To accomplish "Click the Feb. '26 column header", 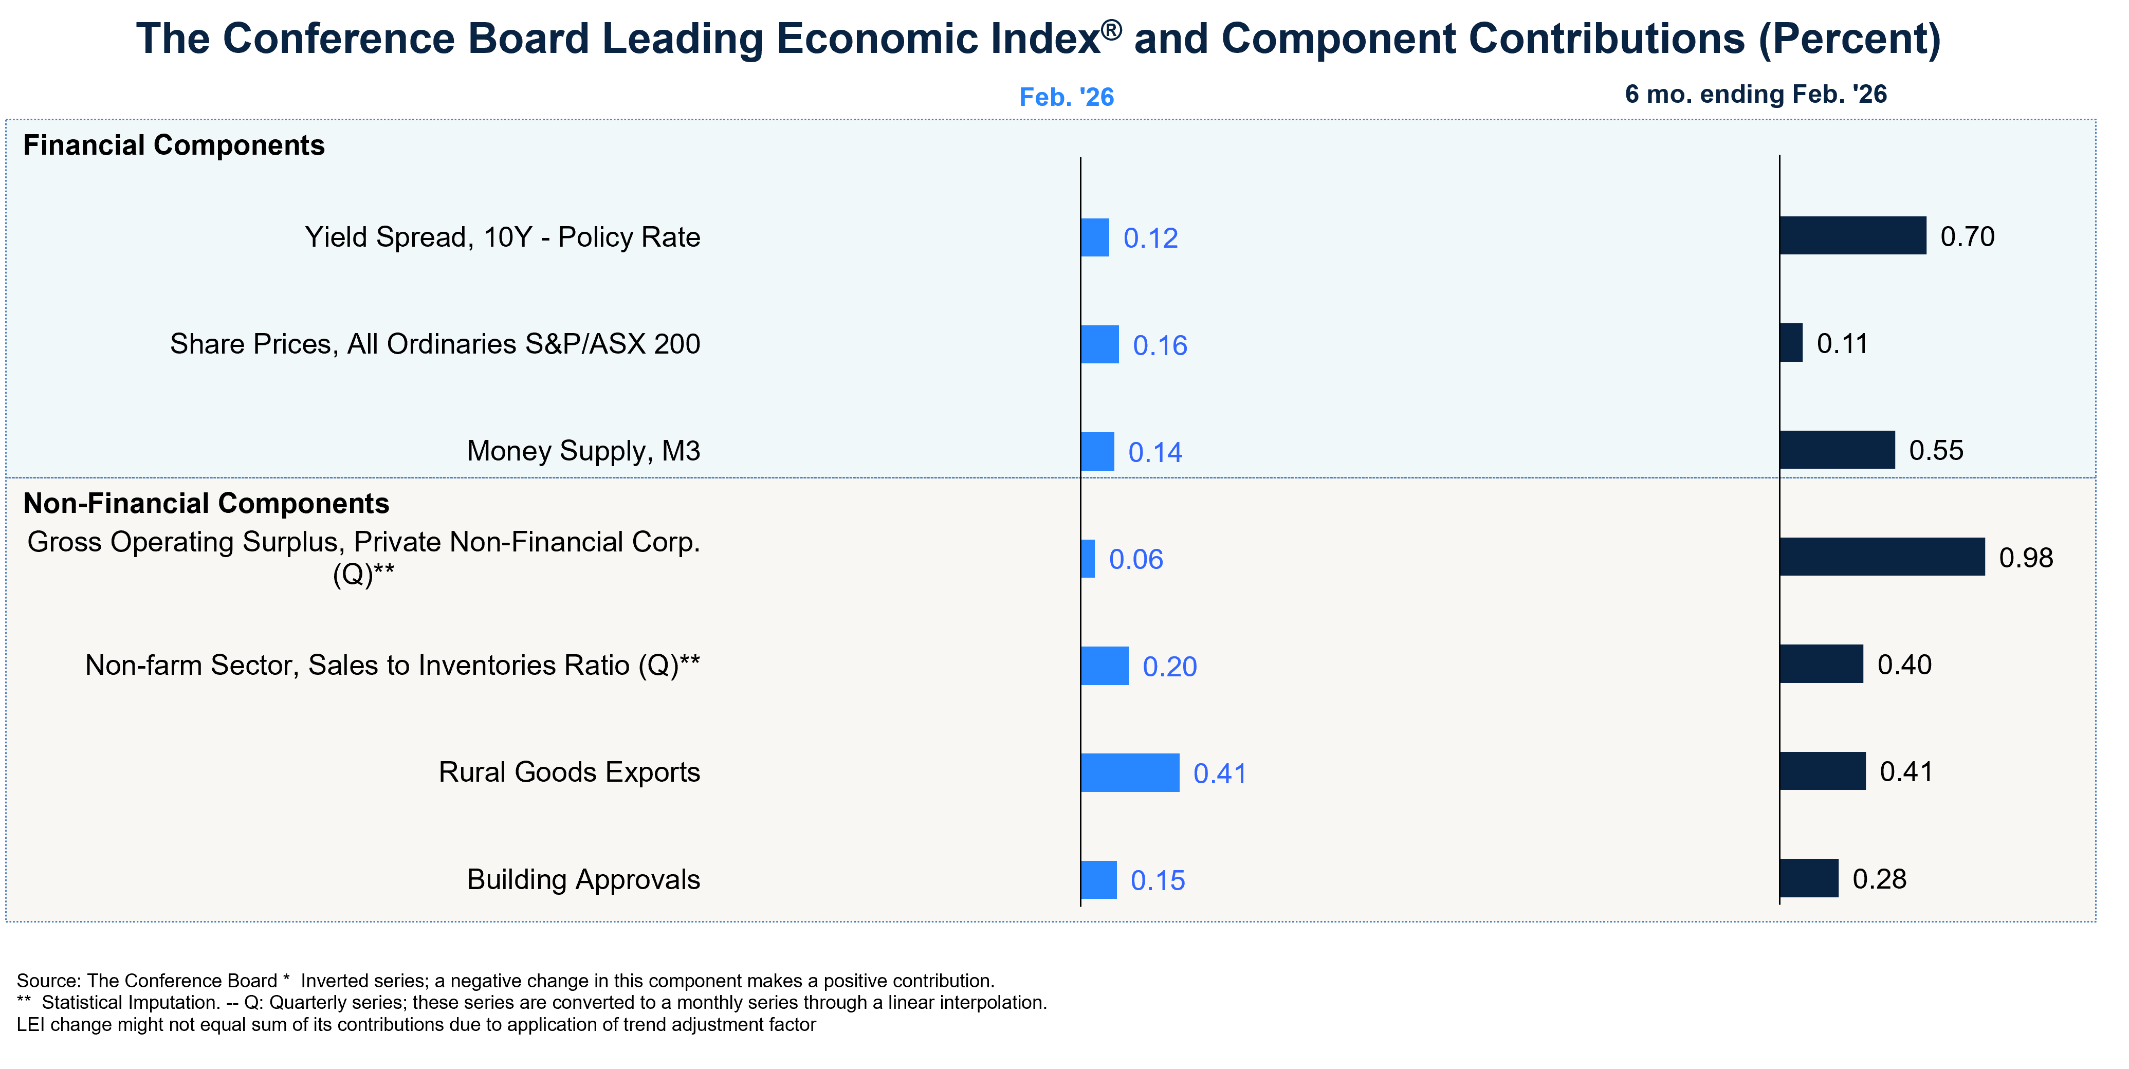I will pos(1066,98).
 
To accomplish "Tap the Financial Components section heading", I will pos(174,145).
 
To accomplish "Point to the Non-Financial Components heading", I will pos(206,503).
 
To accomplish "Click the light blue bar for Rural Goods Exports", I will pos(1130,772).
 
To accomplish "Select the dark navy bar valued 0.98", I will pos(1882,557).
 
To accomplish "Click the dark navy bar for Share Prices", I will pos(1791,343).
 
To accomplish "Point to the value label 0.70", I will pos(1967,237).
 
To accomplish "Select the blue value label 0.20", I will pos(1169,667).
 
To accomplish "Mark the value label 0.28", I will pos(1879,879).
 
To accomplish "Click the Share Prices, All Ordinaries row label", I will pos(435,344).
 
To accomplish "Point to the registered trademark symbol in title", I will pos(1112,30).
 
